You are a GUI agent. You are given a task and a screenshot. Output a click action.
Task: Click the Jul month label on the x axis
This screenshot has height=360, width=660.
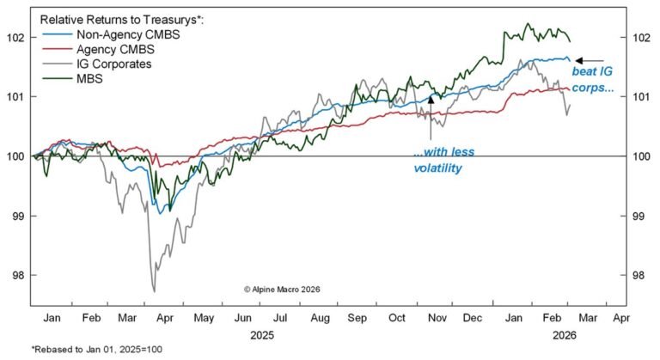280,316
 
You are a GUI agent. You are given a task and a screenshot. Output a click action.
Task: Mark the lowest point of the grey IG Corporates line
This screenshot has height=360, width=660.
154,292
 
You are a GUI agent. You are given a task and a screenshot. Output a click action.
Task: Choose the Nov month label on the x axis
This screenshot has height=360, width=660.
436,316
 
